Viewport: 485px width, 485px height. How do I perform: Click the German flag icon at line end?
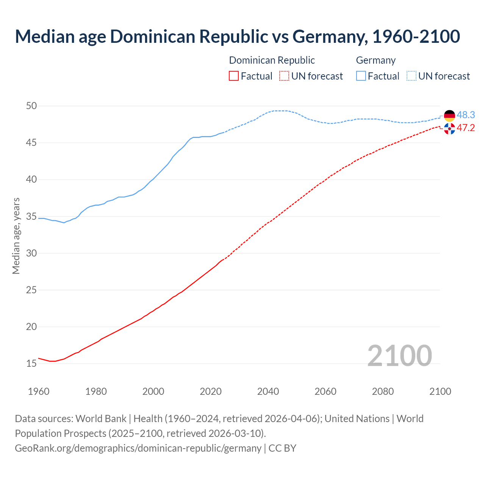click(x=449, y=116)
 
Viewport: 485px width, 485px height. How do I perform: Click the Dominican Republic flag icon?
click(x=449, y=129)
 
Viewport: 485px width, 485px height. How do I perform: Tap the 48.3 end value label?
click(x=466, y=115)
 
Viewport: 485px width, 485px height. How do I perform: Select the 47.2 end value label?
click(x=466, y=128)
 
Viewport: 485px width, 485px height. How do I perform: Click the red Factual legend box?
click(x=234, y=76)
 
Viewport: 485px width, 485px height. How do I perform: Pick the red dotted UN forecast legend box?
click(x=284, y=76)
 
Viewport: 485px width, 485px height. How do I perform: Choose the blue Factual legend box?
click(x=361, y=76)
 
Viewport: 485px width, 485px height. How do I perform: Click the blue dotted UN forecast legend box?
click(x=411, y=76)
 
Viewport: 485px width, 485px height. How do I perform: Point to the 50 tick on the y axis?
click(x=31, y=106)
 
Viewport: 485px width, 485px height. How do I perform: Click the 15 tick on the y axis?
click(x=31, y=364)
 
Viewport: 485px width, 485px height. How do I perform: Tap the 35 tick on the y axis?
click(x=31, y=217)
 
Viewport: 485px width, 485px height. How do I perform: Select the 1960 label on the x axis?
click(x=39, y=391)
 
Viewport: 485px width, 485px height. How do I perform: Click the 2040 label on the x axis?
click(x=268, y=391)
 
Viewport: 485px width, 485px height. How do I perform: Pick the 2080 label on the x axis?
click(x=383, y=391)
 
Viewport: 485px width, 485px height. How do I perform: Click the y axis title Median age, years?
click(x=16, y=236)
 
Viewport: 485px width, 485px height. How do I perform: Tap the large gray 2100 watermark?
click(x=400, y=355)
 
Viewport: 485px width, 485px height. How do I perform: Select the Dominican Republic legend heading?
click(x=272, y=60)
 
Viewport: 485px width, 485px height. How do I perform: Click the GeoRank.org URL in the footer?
click(x=138, y=448)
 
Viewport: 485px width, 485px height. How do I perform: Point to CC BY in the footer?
click(x=282, y=448)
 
